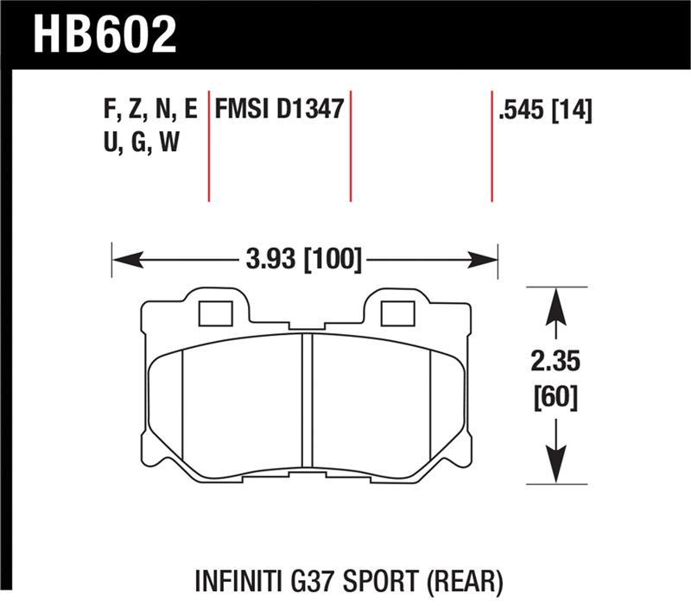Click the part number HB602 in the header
104,35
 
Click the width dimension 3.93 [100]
302,258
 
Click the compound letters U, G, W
140,142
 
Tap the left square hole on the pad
215,314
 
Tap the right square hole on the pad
397,314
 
